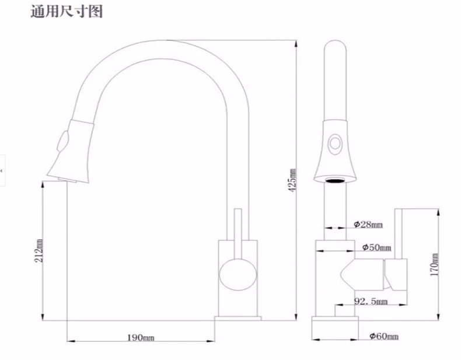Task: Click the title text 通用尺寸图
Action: [67, 12]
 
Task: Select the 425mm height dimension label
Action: [292, 180]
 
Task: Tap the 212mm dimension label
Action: [39, 251]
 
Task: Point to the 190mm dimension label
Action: [141, 337]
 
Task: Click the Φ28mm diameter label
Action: [368, 225]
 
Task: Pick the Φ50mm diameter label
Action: [376, 247]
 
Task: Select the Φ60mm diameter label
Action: [384, 336]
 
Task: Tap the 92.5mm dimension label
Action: [371, 301]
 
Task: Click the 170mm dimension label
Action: [434, 264]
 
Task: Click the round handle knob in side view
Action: [238, 274]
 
